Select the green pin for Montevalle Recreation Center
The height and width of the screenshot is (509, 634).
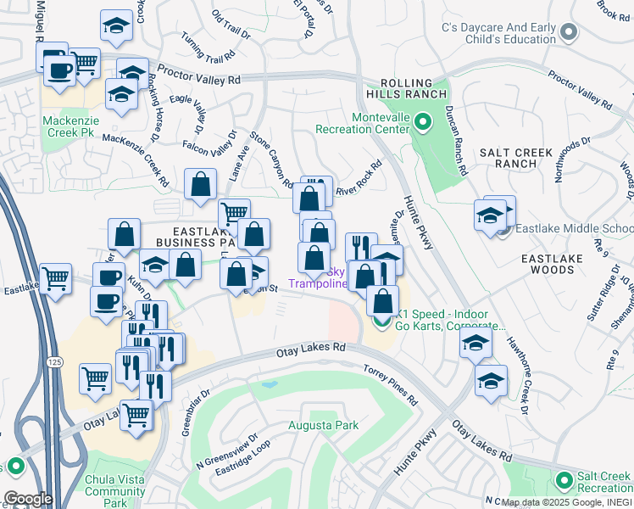click(425, 125)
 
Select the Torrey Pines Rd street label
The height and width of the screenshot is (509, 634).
click(391, 384)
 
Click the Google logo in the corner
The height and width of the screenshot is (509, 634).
click(27, 498)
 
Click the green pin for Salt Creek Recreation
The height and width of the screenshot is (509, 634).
click(564, 482)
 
